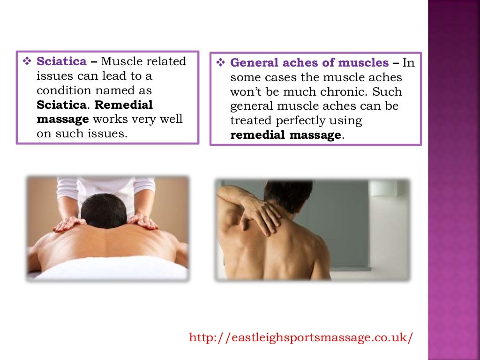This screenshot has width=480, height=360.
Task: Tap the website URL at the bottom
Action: click(301, 337)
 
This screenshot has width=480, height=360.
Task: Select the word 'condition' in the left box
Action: click(62, 90)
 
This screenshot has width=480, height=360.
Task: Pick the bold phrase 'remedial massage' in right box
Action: click(285, 135)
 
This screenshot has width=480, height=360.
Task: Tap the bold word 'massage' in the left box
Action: click(63, 120)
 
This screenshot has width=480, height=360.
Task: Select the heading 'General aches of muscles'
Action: click(309, 63)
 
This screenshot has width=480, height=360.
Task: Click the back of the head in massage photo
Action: click(104, 211)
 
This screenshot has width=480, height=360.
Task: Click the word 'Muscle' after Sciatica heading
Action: click(120, 61)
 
